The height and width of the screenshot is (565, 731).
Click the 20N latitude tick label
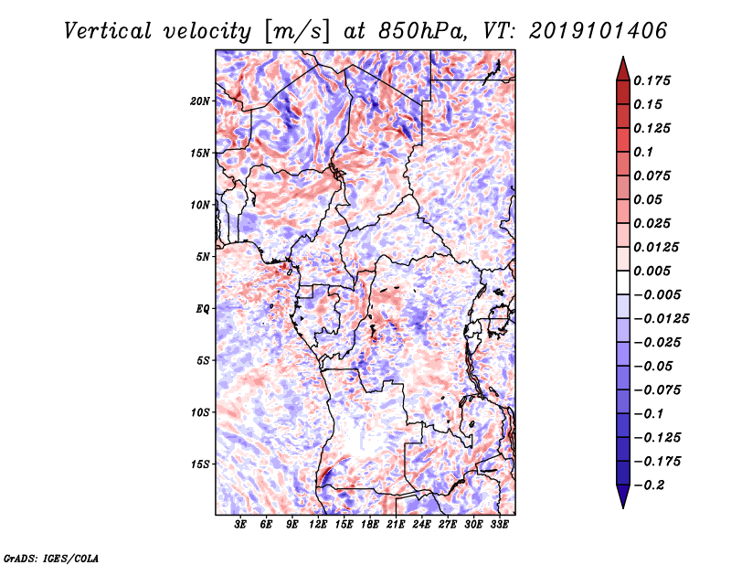[x=200, y=101]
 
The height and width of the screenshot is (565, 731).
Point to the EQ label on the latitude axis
[x=202, y=308]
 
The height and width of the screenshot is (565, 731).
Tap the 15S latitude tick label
[x=200, y=464]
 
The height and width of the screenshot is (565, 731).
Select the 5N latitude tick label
[x=203, y=257]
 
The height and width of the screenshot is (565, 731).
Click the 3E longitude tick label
[x=241, y=526]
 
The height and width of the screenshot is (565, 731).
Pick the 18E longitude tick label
[x=369, y=526]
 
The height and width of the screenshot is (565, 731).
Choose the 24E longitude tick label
[x=421, y=526]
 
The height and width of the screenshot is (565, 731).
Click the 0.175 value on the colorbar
[x=653, y=80]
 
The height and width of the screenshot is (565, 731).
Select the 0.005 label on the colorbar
[x=653, y=271]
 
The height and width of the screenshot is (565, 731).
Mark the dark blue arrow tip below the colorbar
[x=622, y=501]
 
